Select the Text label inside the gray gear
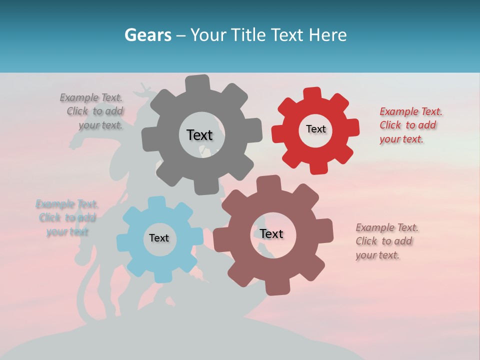click(199, 135)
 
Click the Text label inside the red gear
click(315, 129)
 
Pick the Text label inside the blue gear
click(159, 238)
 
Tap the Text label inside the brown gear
click(271, 233)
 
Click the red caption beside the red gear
click(410, 125)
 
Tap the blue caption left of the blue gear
click(67, 217)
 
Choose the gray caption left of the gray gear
click(91, 111)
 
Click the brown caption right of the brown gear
click(386, 241)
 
